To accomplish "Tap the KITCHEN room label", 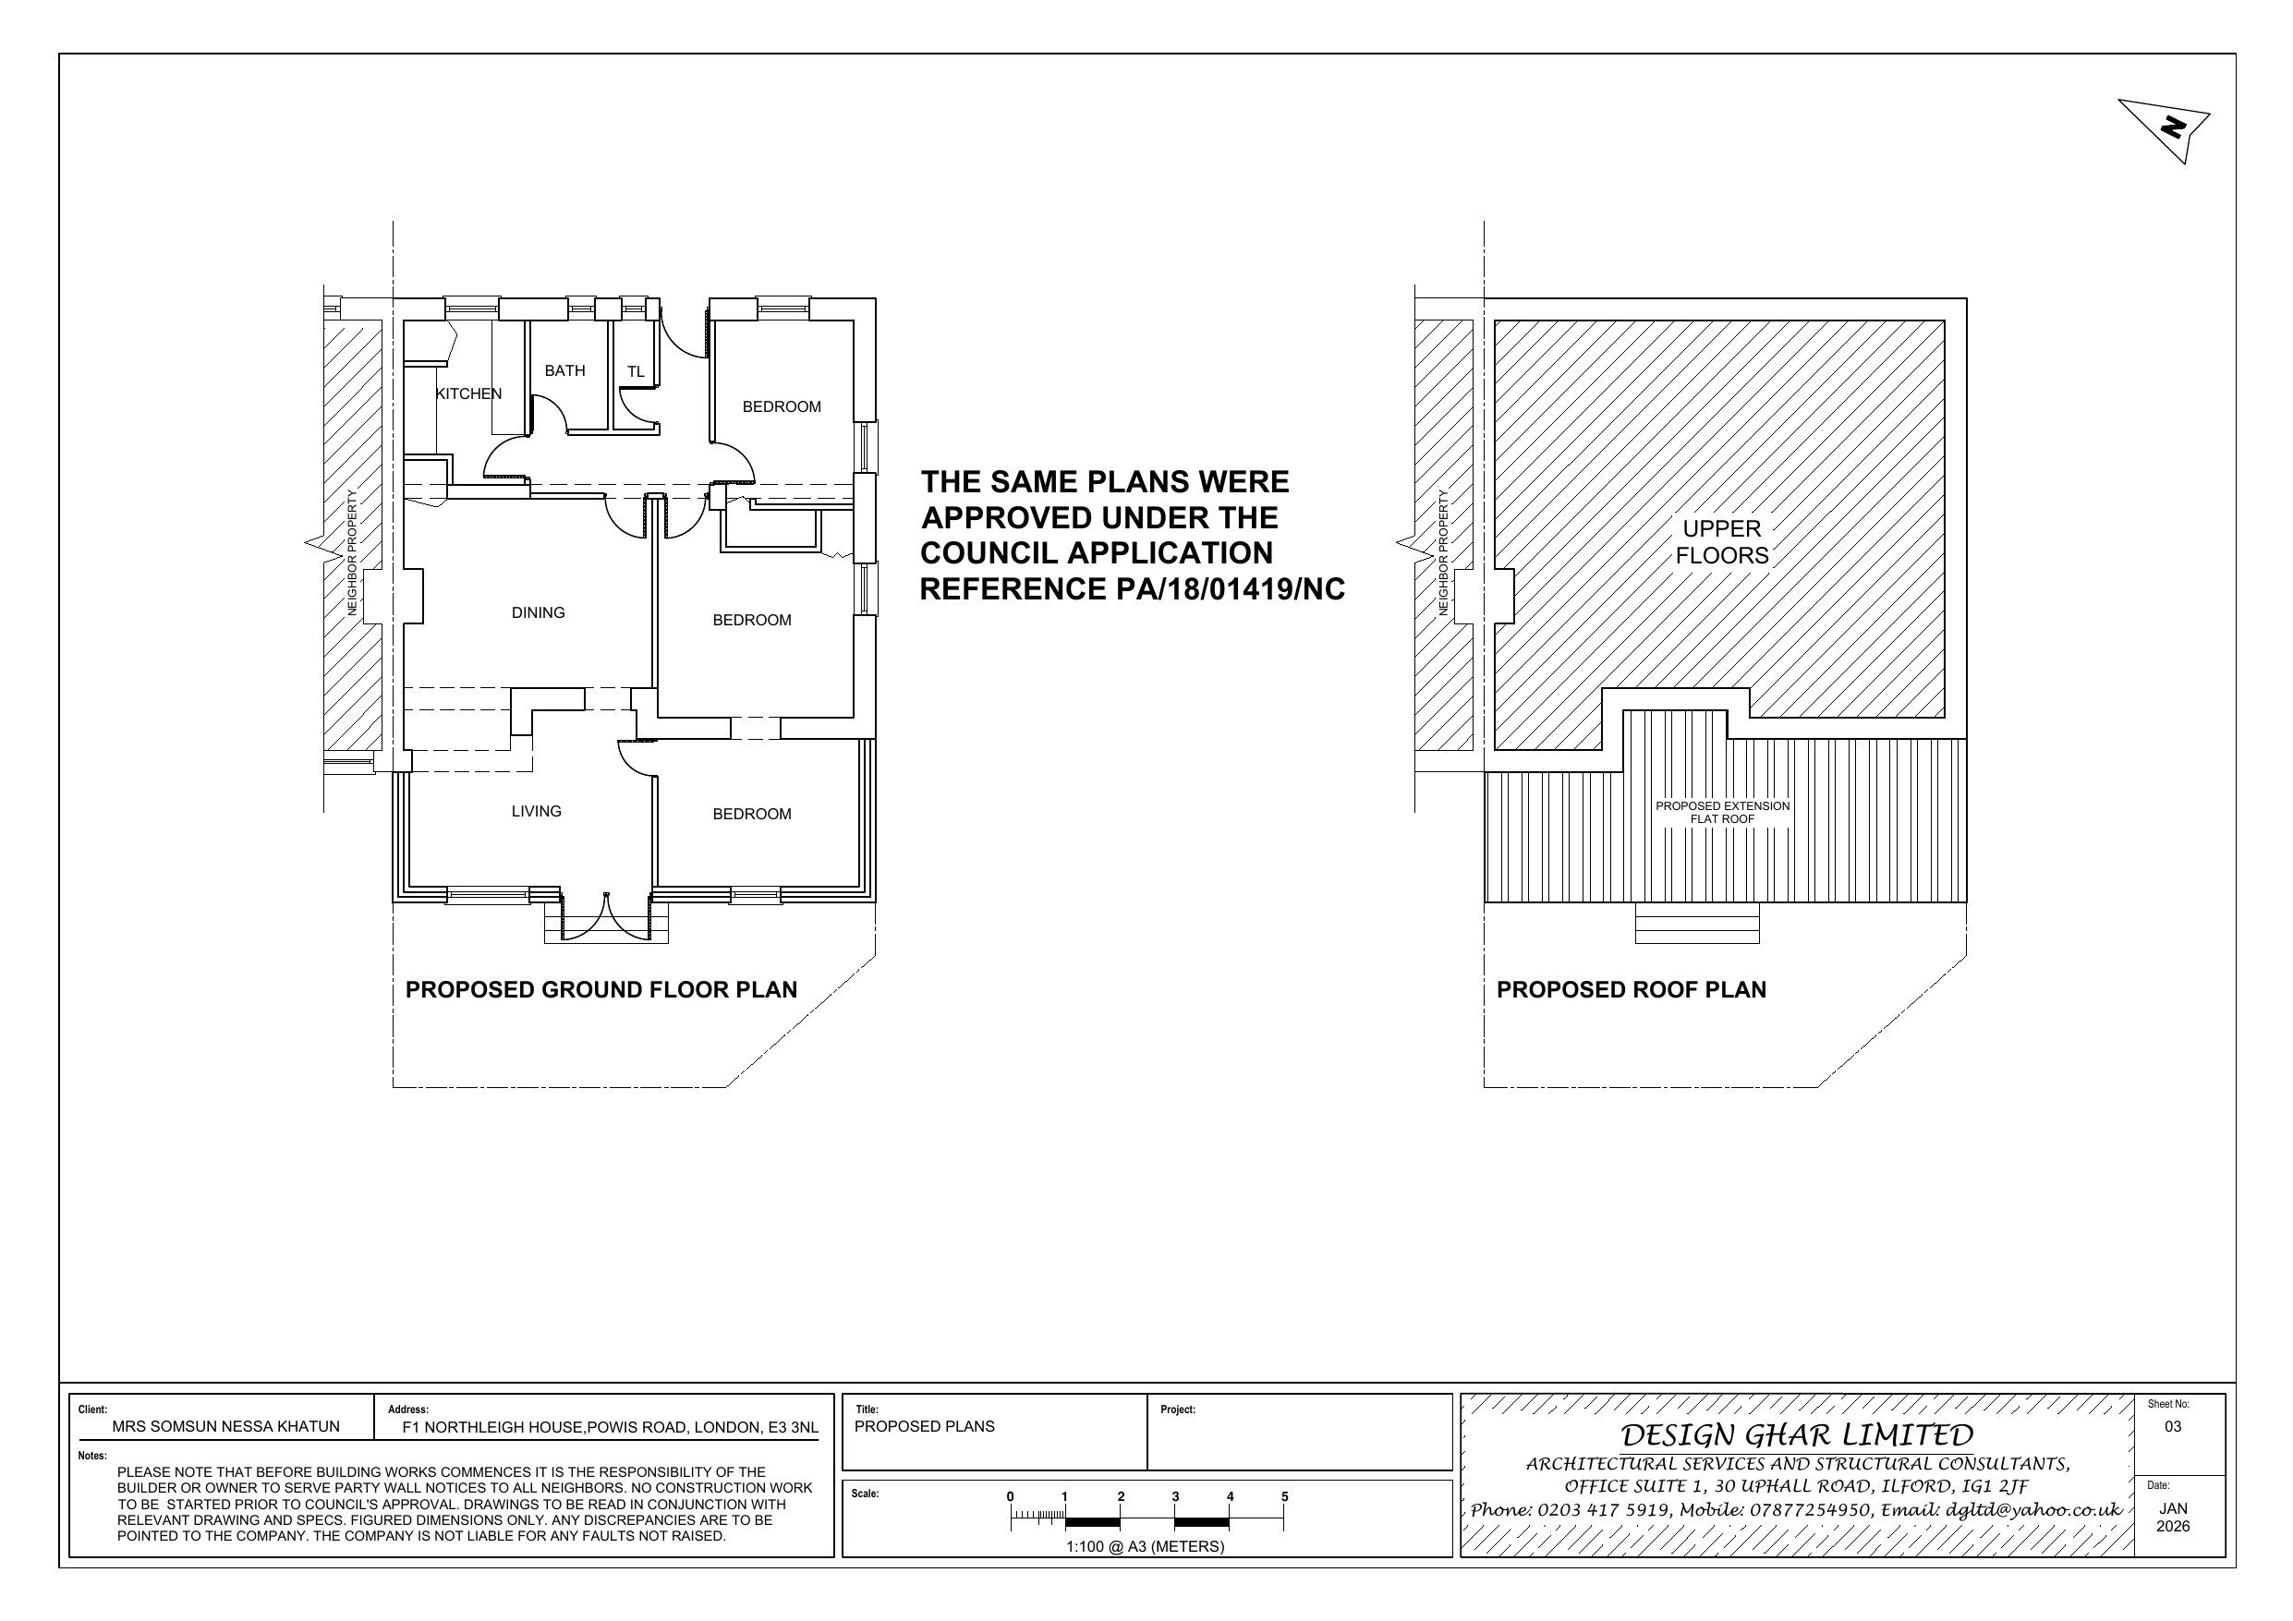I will tap(468, 393).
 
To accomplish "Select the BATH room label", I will tap(564, 370).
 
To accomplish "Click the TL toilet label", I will tap(637, 372).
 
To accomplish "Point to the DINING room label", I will tap(539, 612).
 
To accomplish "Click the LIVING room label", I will tap(537, 811).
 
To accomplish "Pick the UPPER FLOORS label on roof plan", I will tap(1722, 542).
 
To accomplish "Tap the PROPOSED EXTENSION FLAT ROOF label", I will tap(1722, 812).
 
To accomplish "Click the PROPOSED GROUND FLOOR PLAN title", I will tap(601, 990).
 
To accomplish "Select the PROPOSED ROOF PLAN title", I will tap(1631, 990).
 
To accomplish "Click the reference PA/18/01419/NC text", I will tap(1132, 589).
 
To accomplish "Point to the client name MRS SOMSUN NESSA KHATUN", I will tap(225, 1426).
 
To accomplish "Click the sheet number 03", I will tap(2173, 1426).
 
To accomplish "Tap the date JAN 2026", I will tap(2173, 1518).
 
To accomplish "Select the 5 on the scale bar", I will tap(1284, 1496).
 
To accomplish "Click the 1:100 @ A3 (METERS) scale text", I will tap(1145, 1546).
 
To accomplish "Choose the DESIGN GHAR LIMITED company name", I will tap(1797, 1435).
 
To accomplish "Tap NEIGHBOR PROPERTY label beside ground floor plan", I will tap(353, 552).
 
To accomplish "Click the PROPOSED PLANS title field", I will tap(925, 1426).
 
